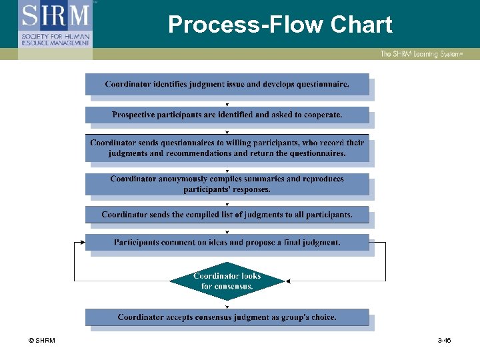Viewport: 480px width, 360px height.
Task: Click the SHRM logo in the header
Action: (55, 24)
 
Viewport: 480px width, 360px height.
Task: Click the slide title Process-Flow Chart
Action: (280, 25)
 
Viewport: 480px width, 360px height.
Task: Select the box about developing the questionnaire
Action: (227, 84)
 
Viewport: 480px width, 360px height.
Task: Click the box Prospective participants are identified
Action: (227, 115)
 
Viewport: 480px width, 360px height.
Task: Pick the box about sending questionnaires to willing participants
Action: (227, 148)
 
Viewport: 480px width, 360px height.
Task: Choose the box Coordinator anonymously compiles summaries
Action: (227, 184)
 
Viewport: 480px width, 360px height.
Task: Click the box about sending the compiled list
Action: (227, 215)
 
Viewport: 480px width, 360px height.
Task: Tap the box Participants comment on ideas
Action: (227, 242)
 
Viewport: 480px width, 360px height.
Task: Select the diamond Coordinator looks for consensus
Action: (227, 281)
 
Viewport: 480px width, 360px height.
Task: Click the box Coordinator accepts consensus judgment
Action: (227, 317)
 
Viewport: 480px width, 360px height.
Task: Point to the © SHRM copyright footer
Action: (42, 341)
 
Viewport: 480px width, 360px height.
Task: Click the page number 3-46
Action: (444, 341)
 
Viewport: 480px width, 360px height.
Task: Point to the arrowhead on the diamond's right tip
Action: (287, 281)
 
